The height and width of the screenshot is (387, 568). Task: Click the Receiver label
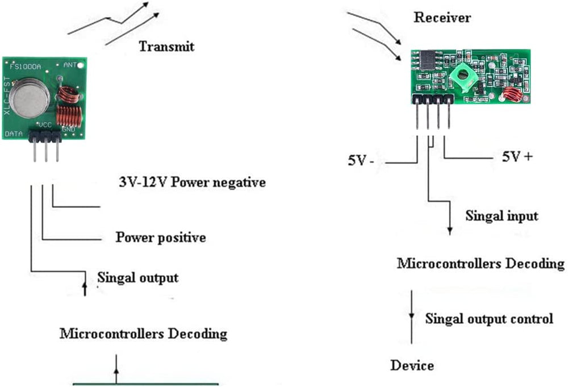[442, 18]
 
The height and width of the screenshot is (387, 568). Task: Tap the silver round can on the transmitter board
[31, 96]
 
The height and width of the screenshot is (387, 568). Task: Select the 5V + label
[517, 156]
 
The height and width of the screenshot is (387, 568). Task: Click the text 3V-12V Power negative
[192, 183]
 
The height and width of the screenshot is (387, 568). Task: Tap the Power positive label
[161, 237]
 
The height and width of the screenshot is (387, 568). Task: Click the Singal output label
[138, 278]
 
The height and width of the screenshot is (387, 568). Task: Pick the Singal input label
[502, 216]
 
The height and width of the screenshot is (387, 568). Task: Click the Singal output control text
[489, 318]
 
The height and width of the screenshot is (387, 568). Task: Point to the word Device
[412, 365]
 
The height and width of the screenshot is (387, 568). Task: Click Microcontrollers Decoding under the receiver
[481, 264]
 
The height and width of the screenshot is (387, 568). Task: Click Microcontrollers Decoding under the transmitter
[143, 334]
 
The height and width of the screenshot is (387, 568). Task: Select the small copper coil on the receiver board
[513, 95]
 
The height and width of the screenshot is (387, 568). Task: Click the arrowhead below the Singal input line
[450, 231]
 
